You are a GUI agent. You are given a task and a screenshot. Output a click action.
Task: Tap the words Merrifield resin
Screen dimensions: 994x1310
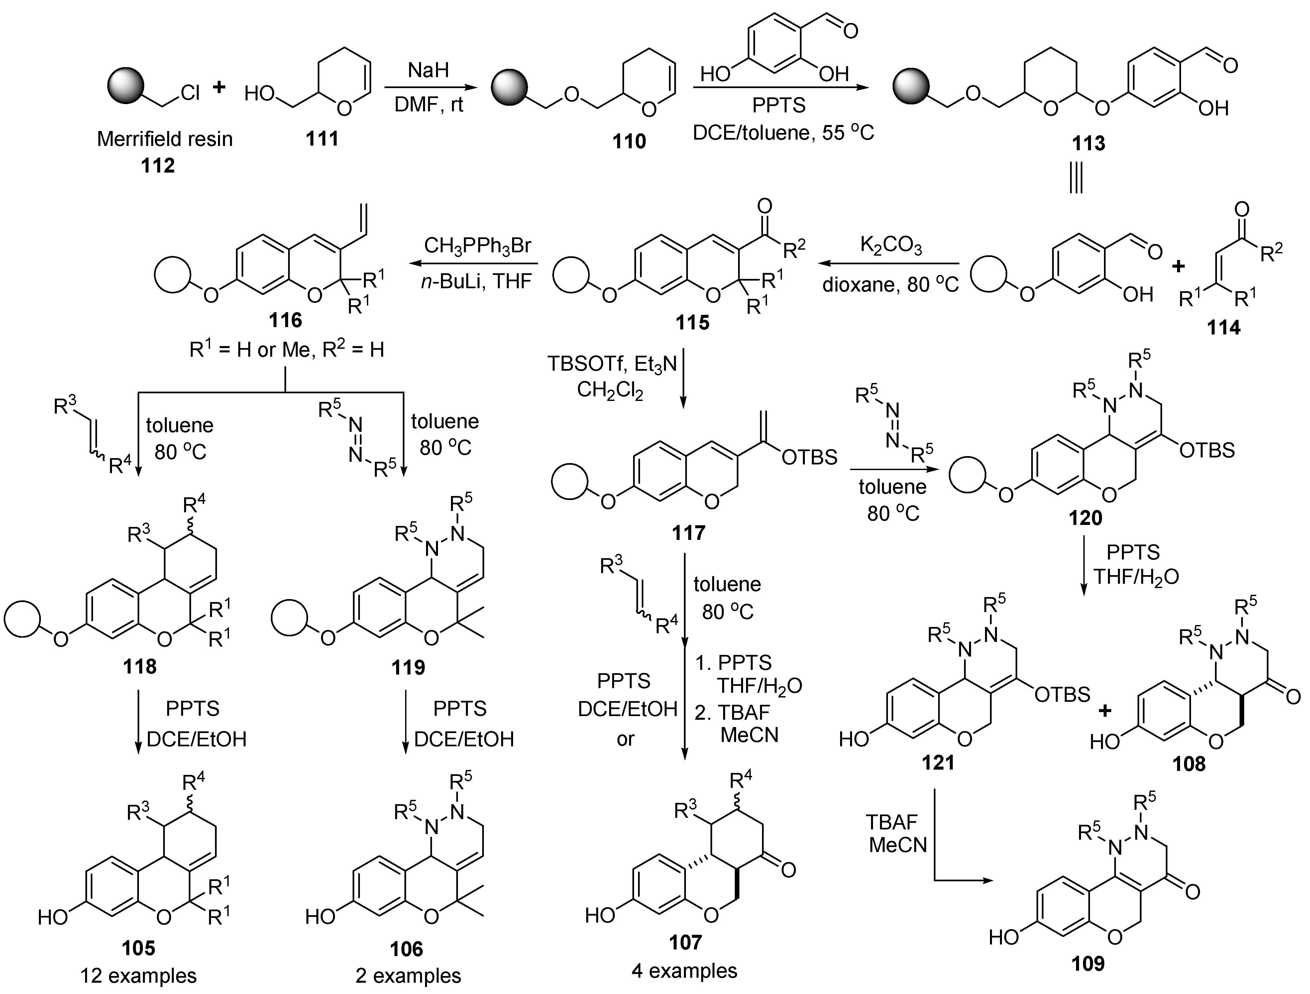(x=164, y=139)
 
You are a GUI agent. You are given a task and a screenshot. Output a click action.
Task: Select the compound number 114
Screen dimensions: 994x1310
(x=1224, y=327)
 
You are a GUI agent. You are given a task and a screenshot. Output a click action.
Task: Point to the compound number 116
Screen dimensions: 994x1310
(x=285, y=320)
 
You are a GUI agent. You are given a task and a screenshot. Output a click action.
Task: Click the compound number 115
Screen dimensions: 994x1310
(x=692, y=323)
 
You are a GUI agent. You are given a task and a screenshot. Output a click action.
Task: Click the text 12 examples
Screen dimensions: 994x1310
(x=139, y=976)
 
